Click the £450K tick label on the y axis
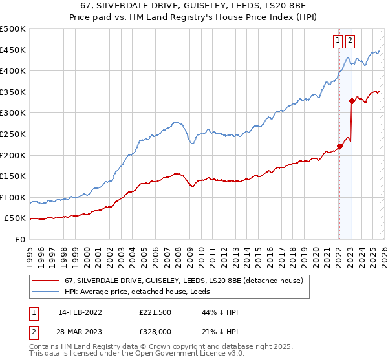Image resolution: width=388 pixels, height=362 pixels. (x=13, y=50)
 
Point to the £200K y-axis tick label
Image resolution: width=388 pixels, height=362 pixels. (x=13, y=155)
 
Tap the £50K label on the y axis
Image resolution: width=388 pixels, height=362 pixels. (x=15, y=218)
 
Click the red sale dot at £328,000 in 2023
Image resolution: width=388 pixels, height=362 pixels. (x=352, y=100)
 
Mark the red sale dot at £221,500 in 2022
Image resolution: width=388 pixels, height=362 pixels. (x=339, y=145)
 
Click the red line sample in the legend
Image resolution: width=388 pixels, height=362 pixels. (x=47, y=281)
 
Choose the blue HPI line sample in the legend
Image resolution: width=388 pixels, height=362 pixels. (x=47, y=292)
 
